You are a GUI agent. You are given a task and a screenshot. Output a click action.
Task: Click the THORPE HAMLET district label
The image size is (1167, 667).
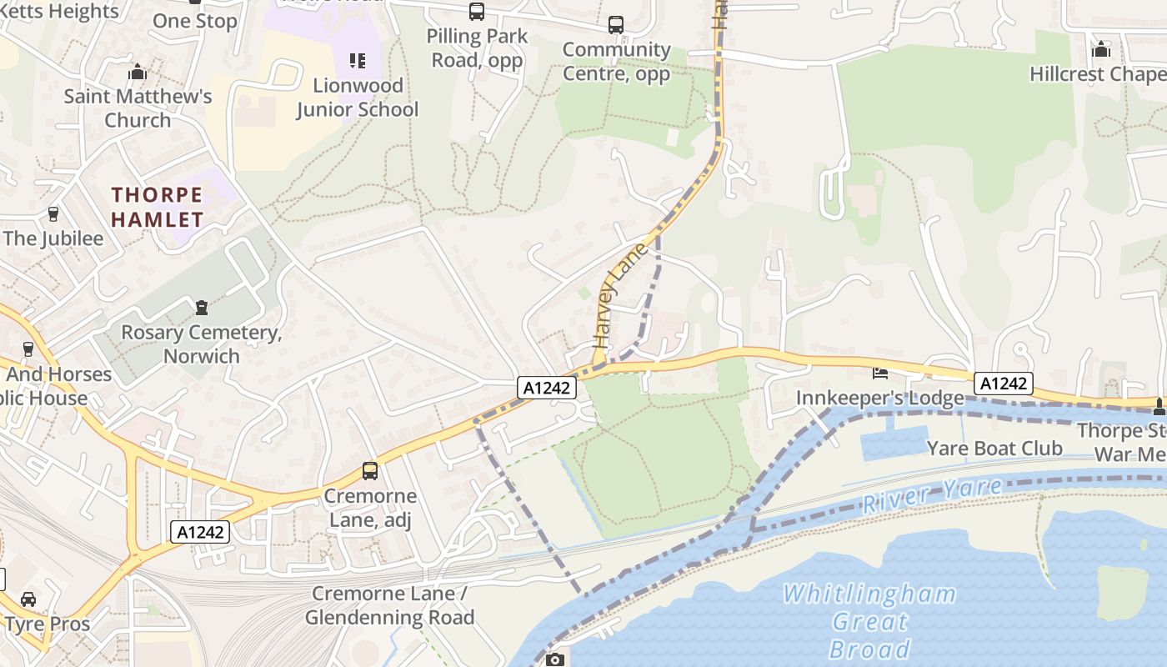[x=158, y=208]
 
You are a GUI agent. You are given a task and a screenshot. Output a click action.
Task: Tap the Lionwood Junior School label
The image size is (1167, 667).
[x=357, y=98]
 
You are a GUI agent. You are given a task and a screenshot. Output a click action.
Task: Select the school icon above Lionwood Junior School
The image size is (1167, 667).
[x=358, y=60]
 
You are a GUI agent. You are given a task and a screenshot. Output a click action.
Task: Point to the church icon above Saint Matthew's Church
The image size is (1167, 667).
[x=138, y=73]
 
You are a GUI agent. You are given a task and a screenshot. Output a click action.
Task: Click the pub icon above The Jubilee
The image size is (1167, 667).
[x=53, y=214]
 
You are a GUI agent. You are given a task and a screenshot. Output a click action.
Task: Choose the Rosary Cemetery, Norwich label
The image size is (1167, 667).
[x=201, y=344]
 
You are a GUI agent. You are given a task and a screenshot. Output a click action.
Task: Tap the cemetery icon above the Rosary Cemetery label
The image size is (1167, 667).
[x=201, y=308]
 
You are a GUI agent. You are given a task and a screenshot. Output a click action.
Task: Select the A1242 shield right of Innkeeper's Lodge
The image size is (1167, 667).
[x=1004, y=384]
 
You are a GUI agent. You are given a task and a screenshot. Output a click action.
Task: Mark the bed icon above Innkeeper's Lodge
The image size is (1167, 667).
[x=879, y=373]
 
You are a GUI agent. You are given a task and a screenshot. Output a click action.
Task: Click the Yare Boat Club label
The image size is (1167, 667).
[x=994, y=449]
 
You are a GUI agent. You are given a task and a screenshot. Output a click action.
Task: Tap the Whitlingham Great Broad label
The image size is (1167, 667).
[x=869, y=621]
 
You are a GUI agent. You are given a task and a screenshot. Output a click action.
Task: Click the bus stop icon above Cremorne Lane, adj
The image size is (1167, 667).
[x=370, y=471]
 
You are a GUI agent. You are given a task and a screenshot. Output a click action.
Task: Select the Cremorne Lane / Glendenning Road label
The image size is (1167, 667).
[x=389, y=606]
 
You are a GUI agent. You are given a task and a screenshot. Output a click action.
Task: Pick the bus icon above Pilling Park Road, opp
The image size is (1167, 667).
[x=476, y=12]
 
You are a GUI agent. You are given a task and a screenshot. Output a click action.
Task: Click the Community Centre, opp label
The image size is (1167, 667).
[x=616, y=62]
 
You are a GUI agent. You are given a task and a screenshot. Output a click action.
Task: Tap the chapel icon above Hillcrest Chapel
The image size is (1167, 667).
[x=1101, y=49]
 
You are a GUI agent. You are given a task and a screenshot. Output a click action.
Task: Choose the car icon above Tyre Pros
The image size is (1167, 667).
[x=28, y=599]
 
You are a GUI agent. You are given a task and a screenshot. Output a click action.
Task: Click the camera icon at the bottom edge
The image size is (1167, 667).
[x=554, y=660]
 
